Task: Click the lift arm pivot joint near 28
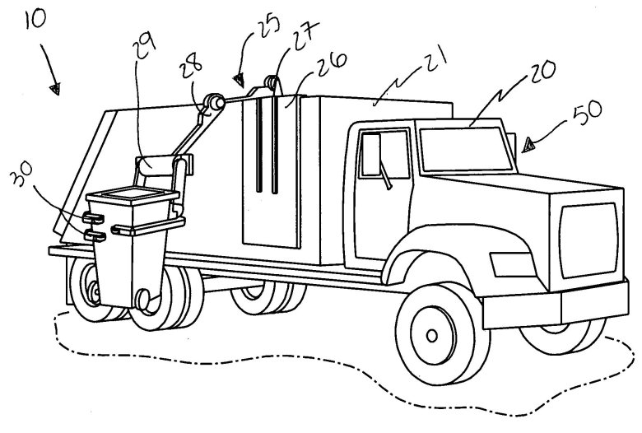pos(214,102)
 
